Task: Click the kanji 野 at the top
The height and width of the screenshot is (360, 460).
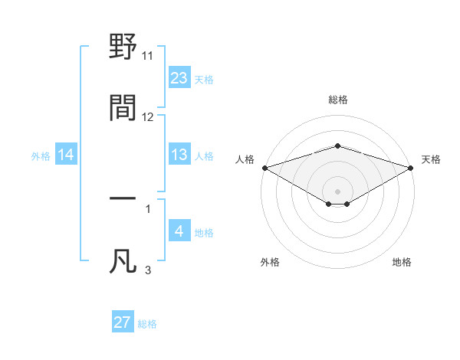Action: [123, 47]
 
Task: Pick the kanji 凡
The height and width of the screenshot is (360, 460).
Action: [123, 260]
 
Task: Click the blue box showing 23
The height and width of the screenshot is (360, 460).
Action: [179, 78]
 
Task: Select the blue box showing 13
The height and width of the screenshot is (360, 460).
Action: [179, 155]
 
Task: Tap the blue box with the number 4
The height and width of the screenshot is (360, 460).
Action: [179, 232]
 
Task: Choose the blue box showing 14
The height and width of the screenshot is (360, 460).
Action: [66, 155]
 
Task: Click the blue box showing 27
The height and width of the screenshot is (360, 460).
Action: [123, 323]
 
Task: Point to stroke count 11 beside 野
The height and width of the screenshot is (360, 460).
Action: [148, 56]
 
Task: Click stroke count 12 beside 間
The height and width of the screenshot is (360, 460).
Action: [148, 117]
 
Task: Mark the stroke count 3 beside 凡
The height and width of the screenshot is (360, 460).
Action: [148, 270]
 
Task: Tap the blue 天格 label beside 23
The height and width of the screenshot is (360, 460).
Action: [204, 80]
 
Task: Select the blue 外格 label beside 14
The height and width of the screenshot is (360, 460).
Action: [41, 156]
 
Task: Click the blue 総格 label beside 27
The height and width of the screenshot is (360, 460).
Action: [147, 324]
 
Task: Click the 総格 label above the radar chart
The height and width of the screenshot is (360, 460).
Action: [337, 100]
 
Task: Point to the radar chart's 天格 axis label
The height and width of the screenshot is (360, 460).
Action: [431, 159]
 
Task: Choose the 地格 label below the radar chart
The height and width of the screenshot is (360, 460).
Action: [402, 263]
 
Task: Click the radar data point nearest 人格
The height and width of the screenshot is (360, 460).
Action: [264, 168]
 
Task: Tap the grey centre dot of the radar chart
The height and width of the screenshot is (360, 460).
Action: [337, 191]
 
